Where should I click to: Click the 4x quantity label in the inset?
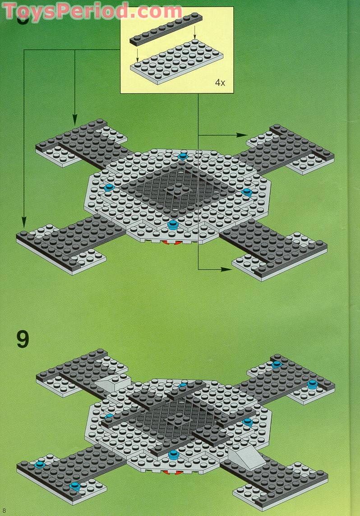(220, 83)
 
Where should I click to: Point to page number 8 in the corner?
(4, 510)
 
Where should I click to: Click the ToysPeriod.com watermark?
(92, 10)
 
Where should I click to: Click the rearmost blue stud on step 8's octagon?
(182, 156)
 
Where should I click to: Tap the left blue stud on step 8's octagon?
(109, 187)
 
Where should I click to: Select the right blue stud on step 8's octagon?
(247, 192)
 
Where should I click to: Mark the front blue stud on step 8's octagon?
(173, 225)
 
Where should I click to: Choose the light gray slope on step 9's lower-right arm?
(246, 459)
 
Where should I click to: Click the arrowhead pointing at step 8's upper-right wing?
(243, 135)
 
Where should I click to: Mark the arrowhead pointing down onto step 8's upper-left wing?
(75, 123)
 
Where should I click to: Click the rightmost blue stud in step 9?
(312, 385)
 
